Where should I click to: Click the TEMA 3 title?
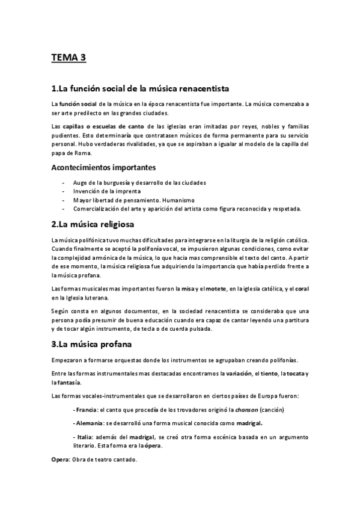point(69,58)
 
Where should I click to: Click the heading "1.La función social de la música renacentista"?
point(141,89)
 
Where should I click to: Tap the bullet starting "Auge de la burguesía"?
point(139,182)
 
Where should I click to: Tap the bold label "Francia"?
point(84,410)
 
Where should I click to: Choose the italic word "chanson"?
point(246,410)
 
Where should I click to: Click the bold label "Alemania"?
point(87,423)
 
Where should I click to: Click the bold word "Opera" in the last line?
point(60,460)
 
